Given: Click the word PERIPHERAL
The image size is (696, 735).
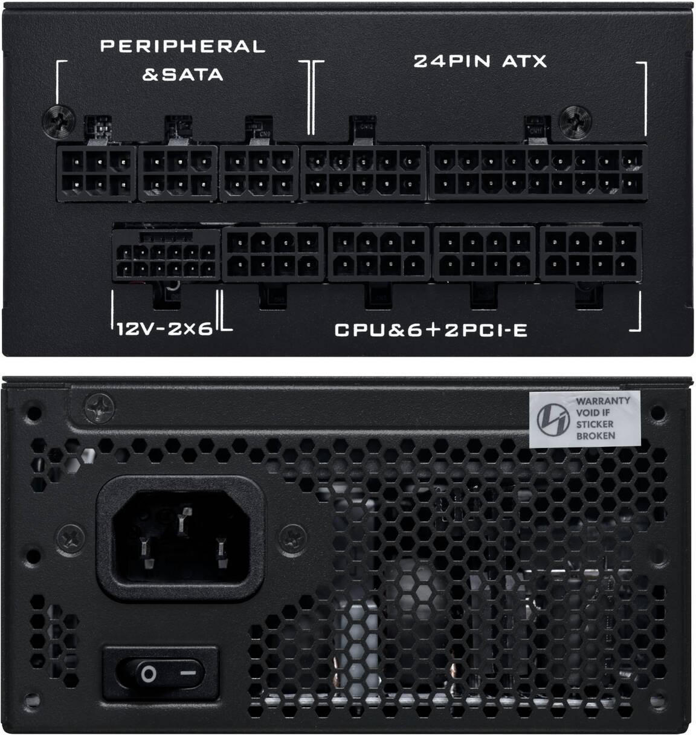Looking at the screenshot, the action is pos(183,47).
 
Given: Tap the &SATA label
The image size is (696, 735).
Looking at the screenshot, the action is pos(183,75).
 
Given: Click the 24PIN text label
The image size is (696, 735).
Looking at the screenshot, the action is pos(451,61).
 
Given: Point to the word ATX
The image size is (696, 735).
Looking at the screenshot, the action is pos(524,61).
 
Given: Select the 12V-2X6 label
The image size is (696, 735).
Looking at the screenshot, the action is pos(165,329).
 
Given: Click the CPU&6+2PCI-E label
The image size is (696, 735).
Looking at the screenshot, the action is pos(431,330).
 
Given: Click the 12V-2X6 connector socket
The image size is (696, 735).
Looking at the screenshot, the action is pos(166,255).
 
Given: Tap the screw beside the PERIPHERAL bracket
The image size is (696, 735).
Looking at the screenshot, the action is pos(59,121).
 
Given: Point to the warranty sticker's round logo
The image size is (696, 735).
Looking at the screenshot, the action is pos(553,419).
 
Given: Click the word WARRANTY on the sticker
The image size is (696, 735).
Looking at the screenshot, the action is pos(603,401).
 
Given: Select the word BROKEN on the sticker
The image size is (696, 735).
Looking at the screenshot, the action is pos(596,436).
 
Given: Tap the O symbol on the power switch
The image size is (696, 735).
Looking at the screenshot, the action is pos(149,674).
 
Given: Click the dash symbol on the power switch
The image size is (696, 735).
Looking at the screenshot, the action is pos(188,673).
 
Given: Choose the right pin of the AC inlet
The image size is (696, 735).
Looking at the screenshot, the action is pos(221,552).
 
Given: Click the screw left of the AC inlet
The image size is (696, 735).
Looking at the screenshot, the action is pos(70,539).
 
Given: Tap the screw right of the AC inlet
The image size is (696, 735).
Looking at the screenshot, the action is pos(292,539).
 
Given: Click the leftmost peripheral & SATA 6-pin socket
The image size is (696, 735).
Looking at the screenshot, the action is pos(97,173).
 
